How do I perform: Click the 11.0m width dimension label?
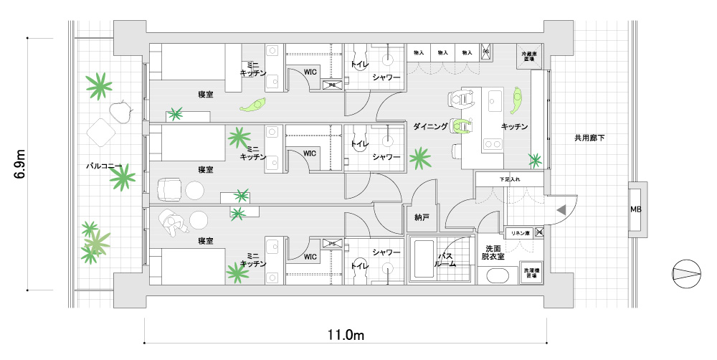(x=346, y=335)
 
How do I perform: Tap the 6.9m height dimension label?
(x=21, y=164)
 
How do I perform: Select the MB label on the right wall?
(x=635, y=209)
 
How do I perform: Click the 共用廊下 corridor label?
(x=589, y=137)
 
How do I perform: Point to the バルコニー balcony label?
(x=104, y=166)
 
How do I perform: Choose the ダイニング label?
(x=430, y=126)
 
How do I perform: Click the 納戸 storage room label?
(x=422, y=216)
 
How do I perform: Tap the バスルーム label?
(x=445, y=260)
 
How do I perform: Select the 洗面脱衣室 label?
(x=493, y=252)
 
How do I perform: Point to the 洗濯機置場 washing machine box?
(x=531, y=273)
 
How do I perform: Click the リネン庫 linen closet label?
(x=518, y=232)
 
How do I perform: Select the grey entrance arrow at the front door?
(x=561, y=209)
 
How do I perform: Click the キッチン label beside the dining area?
(x=514, y=126)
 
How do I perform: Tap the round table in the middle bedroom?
(x=195, y=190)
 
